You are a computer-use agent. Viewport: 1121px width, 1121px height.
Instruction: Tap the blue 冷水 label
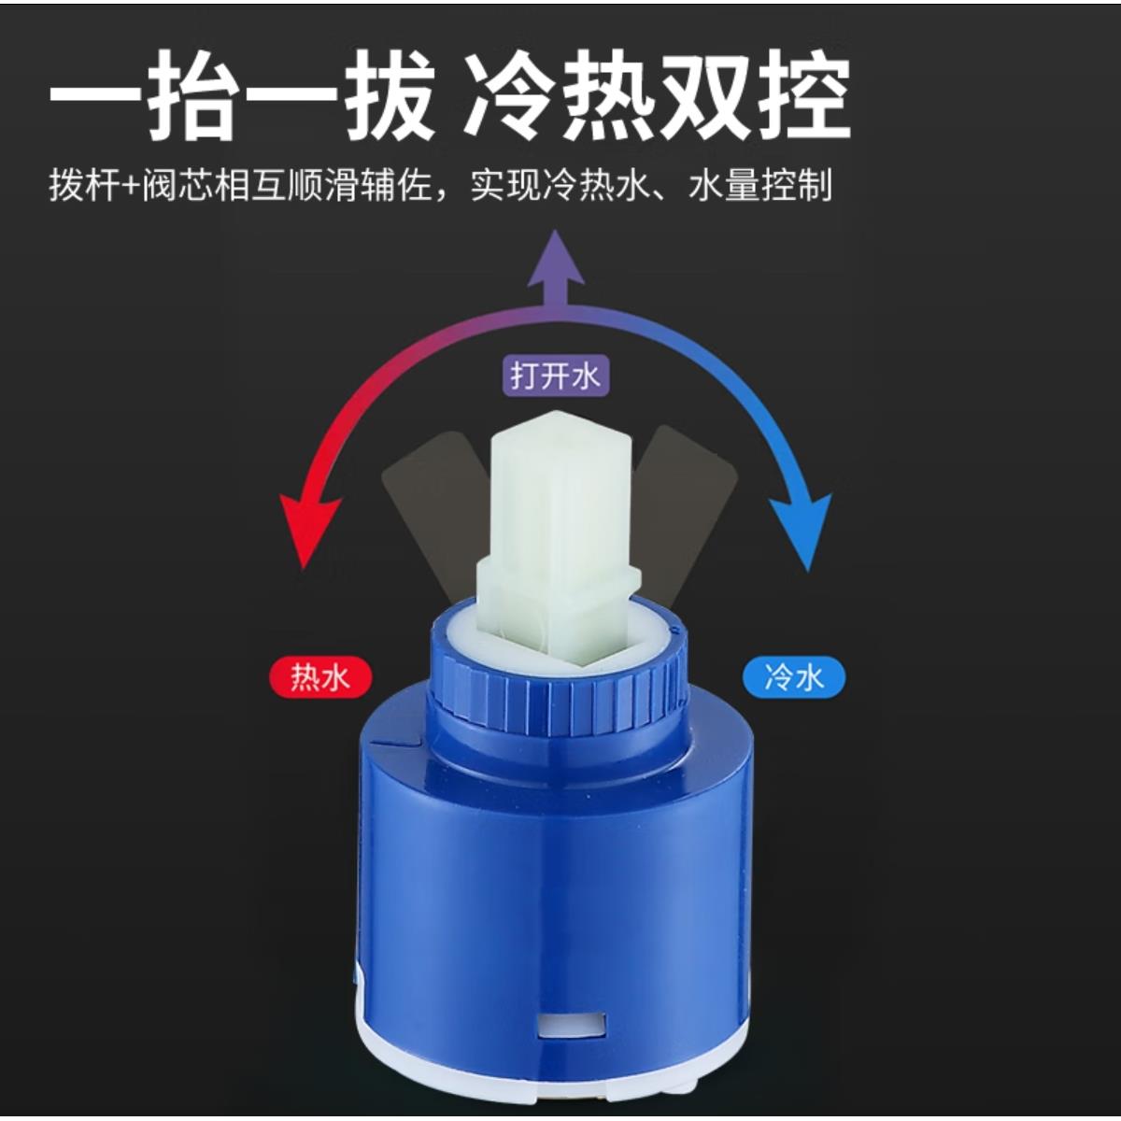(793, 676)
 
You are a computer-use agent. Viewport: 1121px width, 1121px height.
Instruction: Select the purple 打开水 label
(555, 376)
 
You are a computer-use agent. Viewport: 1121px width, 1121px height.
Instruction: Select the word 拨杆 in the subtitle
(84, 186)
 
